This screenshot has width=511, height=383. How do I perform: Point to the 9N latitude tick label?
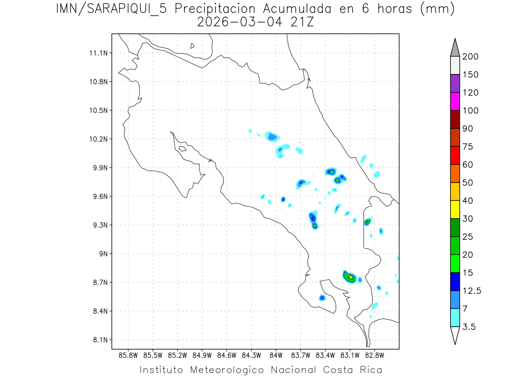click(102, 254)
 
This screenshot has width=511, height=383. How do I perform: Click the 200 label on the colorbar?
click(470, 57)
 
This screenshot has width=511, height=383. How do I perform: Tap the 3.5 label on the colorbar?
click(469, 327)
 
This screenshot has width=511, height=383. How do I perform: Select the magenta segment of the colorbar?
click(455, 101)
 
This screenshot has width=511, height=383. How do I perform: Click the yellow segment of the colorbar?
click(455, 209)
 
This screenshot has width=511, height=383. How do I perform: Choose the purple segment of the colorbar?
click(455, 83)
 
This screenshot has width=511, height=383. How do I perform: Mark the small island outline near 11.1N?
click(192, 46)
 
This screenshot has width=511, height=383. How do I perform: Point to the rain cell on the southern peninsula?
click(322, 298)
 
